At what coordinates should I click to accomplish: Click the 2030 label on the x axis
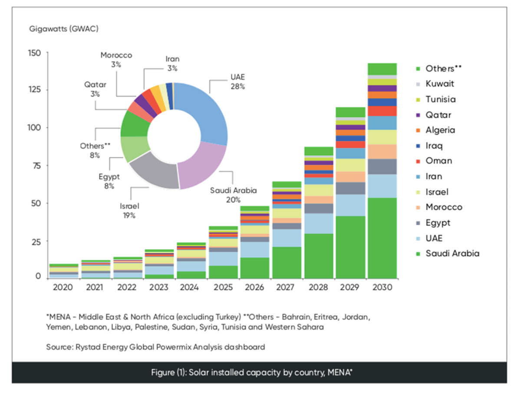click(x=382, y=287)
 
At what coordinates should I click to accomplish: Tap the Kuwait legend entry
click(x=440, y=84)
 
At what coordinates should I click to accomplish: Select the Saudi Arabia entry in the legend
click(x=452, y=253)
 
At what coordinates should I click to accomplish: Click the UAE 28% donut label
click(x=237, y=81)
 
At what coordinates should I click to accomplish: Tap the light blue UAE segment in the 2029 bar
click(x=350, y=205)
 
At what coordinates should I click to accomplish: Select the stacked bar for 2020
click(x=64, y=270)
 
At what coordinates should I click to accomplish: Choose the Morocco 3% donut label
click(x=116, y=60)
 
